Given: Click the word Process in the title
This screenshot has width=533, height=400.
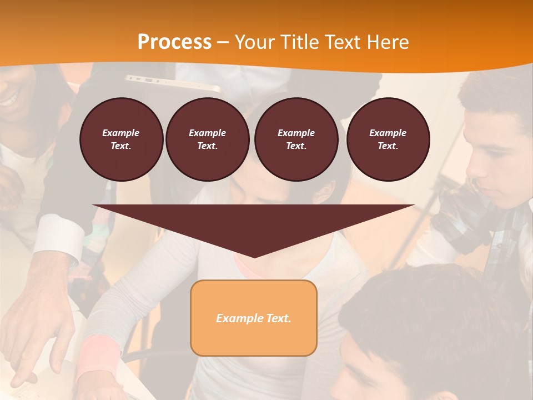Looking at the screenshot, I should coord(174,42).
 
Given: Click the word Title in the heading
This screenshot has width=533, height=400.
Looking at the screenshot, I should coord(299,42).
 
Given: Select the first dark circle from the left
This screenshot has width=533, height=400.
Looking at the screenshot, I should coord(121,139).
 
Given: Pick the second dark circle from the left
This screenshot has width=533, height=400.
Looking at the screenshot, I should coord(207,139).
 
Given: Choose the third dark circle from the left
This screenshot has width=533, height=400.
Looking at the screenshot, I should coord(296,139).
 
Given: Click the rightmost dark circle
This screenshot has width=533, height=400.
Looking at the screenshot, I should coord(388,139).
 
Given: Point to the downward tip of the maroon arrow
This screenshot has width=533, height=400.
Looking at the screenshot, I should coord(254,255).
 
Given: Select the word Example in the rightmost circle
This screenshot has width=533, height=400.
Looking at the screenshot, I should coord(388,133).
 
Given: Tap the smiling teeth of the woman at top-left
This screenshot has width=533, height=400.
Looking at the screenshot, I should coord(9,101).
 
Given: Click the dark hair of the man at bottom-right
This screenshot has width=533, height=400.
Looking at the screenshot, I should coord(433,311).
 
